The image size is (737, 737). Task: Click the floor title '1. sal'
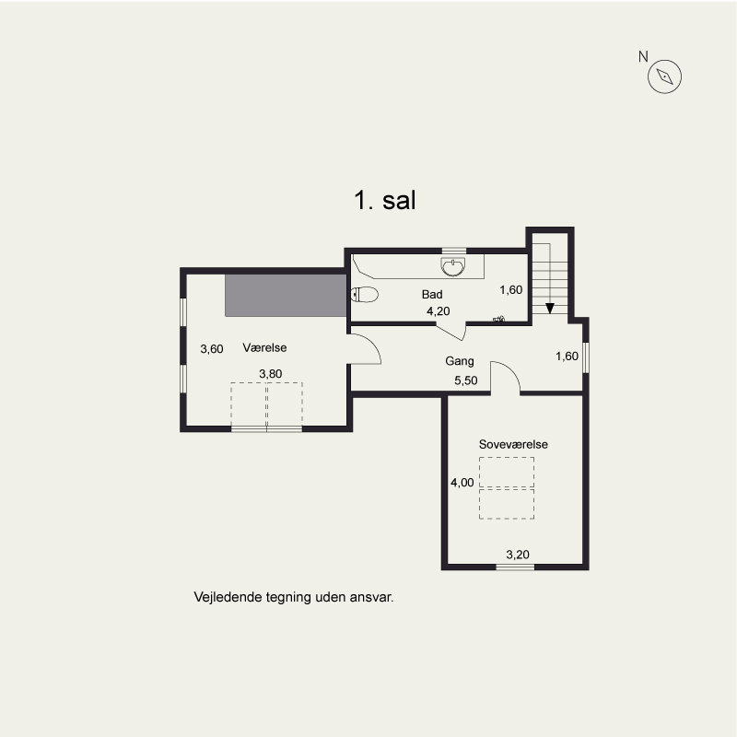click(385, 200)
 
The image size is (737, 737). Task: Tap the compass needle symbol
click(664, 76)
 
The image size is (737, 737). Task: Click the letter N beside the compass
click(643, 57)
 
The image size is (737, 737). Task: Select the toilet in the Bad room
click(364, 295)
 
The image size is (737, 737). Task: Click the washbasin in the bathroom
click(453, 266)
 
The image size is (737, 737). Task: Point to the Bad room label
click(432, 295)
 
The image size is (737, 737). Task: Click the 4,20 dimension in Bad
click(439, 311)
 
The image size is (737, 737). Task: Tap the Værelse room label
click(264, 348)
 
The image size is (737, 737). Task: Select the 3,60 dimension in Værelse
click(212, 349)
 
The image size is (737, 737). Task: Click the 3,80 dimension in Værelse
click(271, 374)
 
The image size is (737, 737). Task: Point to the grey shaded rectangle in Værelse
click(286, 296)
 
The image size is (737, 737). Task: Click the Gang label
click(460, 361)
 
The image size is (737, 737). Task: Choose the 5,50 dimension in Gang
click(466, 380)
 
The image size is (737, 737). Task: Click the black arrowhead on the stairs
click(549, 309)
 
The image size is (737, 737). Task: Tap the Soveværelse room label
click(513, 444)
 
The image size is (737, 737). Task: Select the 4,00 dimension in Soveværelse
click(462, 483)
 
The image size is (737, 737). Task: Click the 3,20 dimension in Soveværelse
click(518, 555)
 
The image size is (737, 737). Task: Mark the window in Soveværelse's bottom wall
click(515, 567)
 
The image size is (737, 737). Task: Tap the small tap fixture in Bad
click(498, 320)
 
